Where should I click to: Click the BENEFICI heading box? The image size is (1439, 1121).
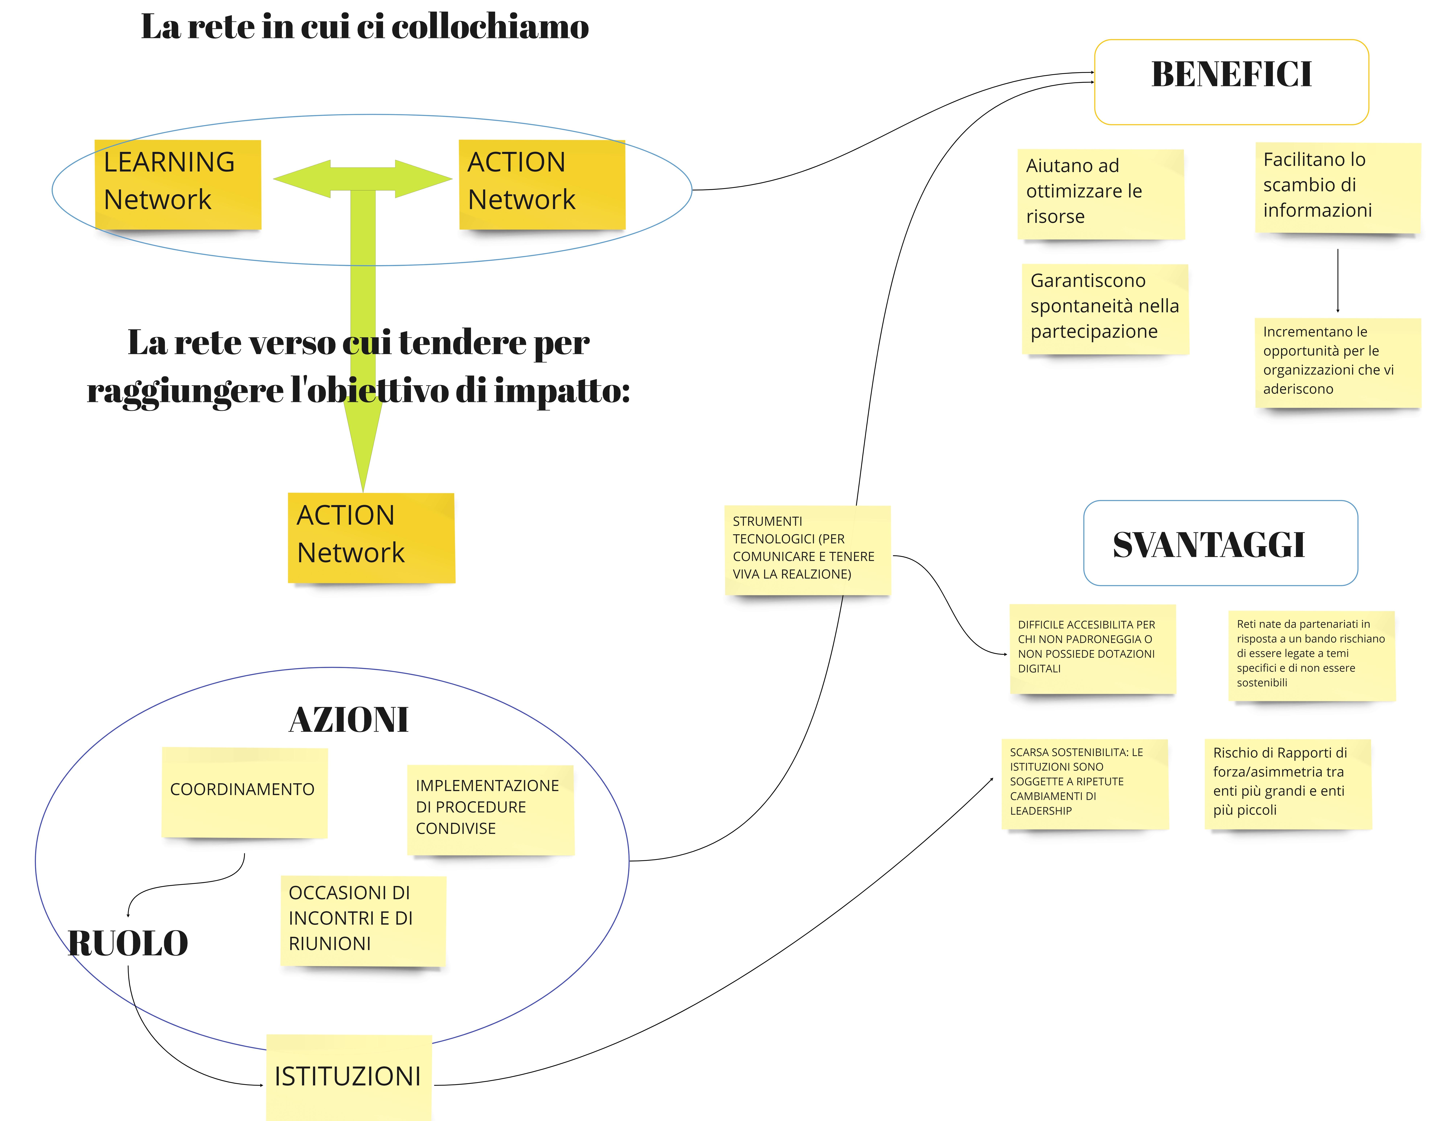coord(1231,82)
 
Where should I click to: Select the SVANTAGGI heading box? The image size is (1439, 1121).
coord(1220,543)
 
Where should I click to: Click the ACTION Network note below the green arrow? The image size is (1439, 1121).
coord(371,537)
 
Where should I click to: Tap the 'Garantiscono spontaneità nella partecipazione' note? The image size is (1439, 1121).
coord(1105,308)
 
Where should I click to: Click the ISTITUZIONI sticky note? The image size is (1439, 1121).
coord(349,1076)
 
